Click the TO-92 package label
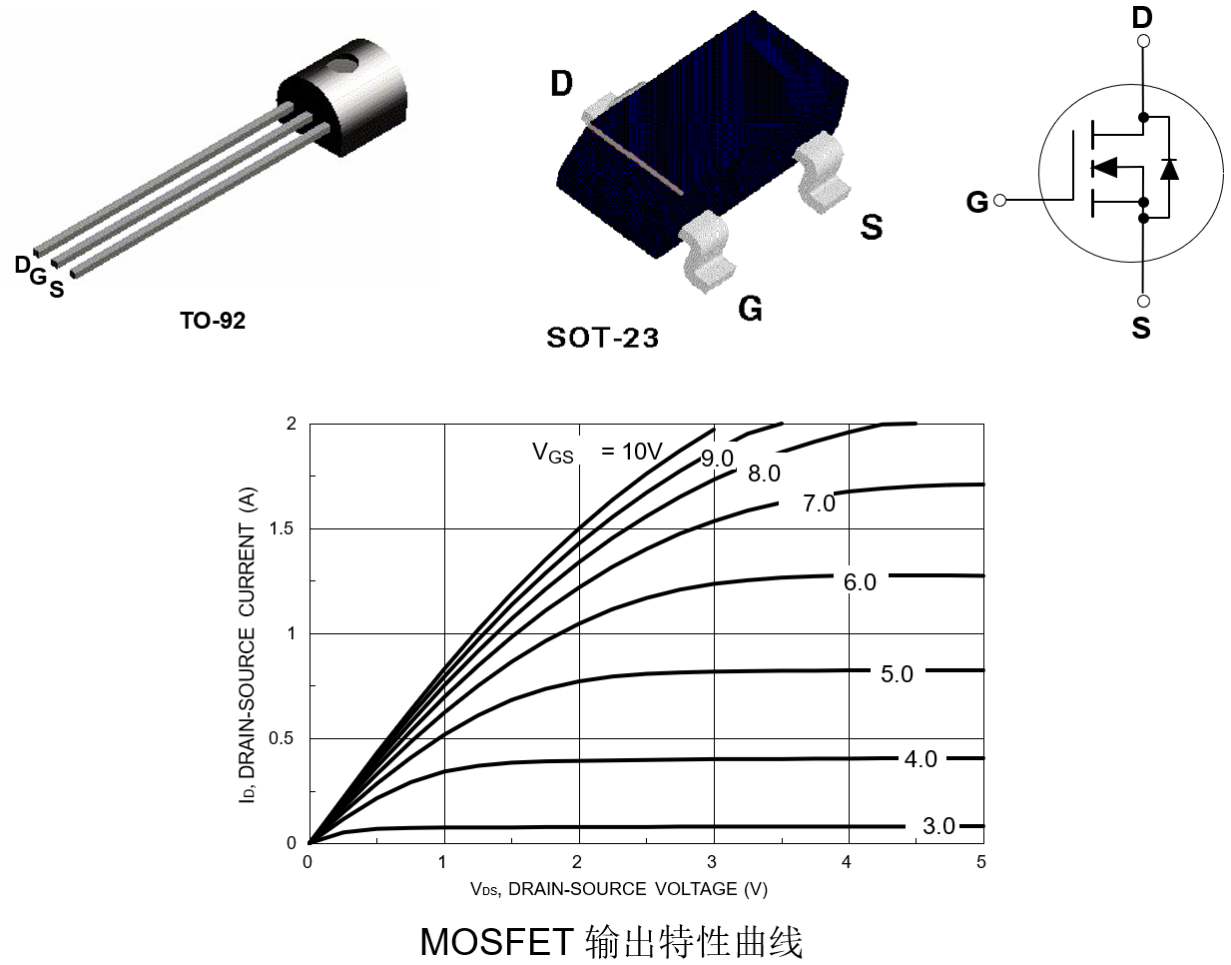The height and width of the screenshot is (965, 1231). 212,321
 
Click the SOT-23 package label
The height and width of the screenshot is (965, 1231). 602,338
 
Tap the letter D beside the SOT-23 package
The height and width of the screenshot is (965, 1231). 562,85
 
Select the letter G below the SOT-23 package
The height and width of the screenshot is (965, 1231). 750,309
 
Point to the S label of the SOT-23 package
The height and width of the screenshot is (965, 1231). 872,228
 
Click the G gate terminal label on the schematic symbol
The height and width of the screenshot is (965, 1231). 977,203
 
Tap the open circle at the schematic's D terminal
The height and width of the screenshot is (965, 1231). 1143,41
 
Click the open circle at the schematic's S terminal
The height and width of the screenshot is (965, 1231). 1143,301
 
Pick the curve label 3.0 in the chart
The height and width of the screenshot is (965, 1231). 938,826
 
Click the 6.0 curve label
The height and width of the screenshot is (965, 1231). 860,582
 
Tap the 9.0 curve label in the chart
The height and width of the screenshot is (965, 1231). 717,459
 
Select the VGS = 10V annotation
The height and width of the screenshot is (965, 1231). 597,452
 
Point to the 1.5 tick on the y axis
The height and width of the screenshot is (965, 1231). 283,528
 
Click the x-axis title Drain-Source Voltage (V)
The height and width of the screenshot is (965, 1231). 619,889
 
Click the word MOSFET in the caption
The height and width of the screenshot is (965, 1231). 496,941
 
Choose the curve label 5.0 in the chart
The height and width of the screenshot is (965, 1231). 897,674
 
